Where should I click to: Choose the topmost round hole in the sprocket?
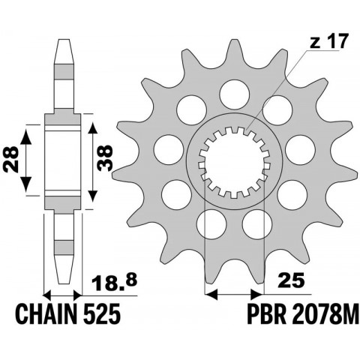point(232,93)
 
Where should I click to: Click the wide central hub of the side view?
point(63,157)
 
